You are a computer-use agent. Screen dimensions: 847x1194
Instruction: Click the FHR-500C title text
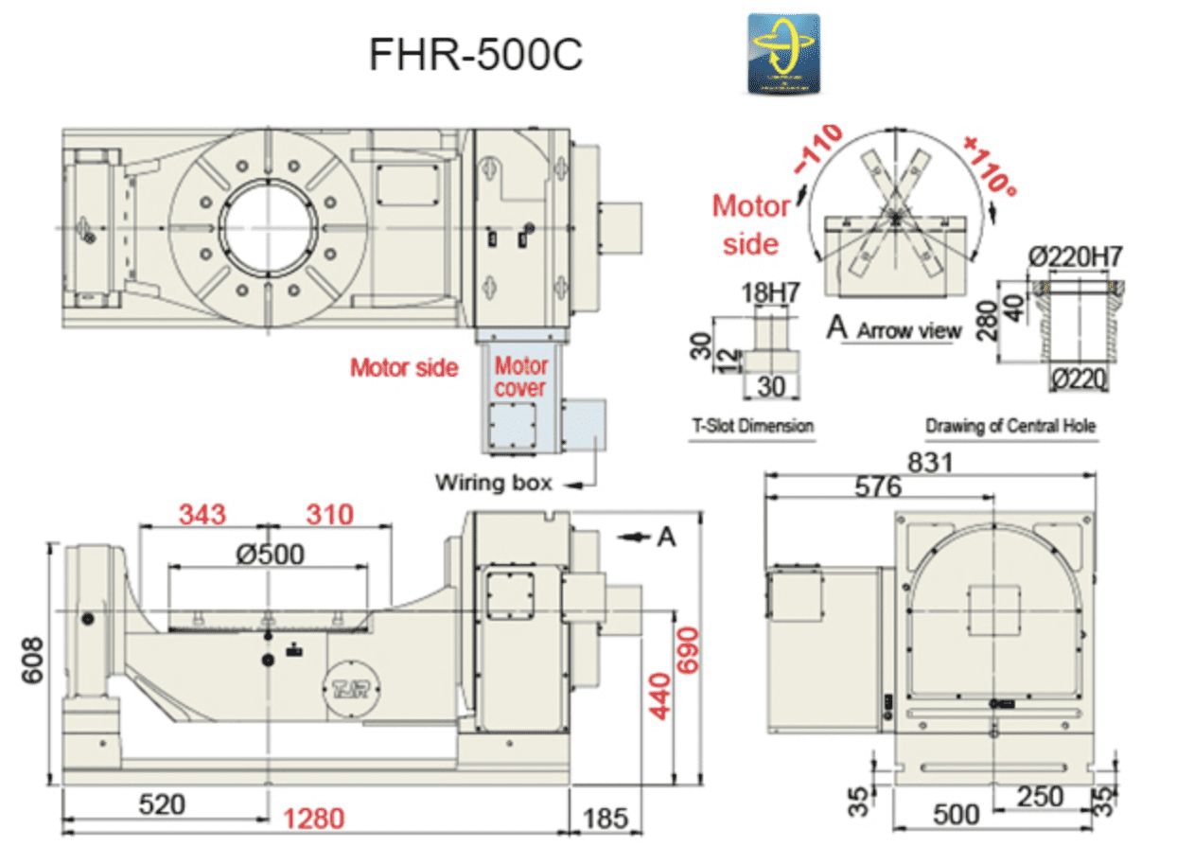coord(476,55)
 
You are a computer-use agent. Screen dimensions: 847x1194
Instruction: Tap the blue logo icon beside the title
coord(782,53)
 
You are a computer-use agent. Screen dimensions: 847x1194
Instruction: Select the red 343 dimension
coord(202,514)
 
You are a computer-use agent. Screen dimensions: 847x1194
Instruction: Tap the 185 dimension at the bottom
coord(606,817)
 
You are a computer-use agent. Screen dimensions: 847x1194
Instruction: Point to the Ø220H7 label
coord(1076,256)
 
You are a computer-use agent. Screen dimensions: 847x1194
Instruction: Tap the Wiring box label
coord(493,482)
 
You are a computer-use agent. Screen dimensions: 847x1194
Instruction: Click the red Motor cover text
coord(521,377)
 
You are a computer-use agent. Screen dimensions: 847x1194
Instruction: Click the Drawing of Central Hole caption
coord(1010,426)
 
